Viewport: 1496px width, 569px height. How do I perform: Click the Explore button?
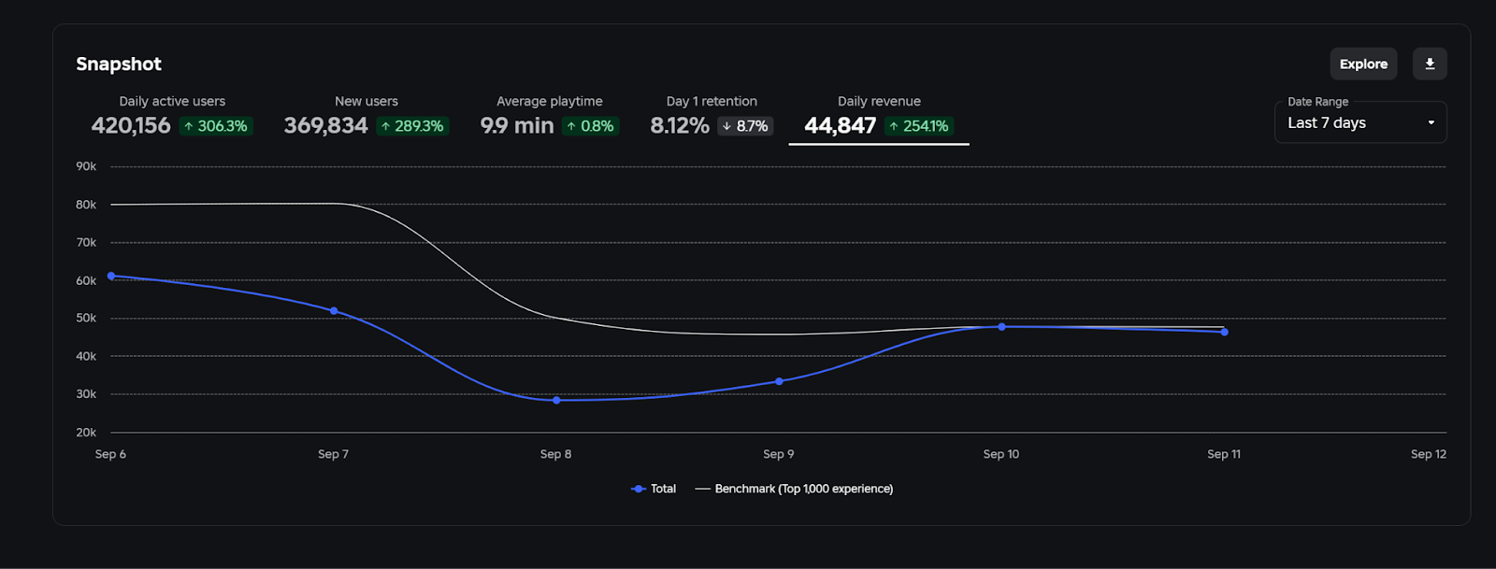click(1363, 64)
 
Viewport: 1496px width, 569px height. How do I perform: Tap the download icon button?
click(1430, 64)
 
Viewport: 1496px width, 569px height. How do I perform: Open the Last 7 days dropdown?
click(1359, 122)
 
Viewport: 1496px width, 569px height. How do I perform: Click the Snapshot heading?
click(119, 64)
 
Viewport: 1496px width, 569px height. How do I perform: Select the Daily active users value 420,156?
click(131, 125)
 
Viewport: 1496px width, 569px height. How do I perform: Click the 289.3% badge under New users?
click(412, 126)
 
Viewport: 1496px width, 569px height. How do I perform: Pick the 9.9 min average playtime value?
click(517, 125)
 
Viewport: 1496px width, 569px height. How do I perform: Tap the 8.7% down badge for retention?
click(745, 126)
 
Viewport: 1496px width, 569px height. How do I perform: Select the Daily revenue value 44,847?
click(840, 125)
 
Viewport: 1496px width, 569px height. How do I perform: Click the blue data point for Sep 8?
click(556, 400)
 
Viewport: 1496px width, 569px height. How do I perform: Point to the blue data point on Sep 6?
click(111, 276)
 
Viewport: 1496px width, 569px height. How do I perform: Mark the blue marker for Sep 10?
click(1001, 326)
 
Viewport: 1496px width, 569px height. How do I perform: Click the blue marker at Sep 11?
click(1224, 332)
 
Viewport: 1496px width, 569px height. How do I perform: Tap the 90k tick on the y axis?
click(86, 166)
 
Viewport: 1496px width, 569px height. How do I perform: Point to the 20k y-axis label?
click(86, 433)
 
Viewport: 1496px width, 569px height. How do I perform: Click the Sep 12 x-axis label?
click(1428, 454)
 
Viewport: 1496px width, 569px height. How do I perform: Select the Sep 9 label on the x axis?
click(778, 454)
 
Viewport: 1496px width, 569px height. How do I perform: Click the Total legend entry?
click(654, 489)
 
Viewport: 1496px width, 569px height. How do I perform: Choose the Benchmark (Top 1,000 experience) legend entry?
click(795, 489)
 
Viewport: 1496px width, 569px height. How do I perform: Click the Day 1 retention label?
click(712, 101)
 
